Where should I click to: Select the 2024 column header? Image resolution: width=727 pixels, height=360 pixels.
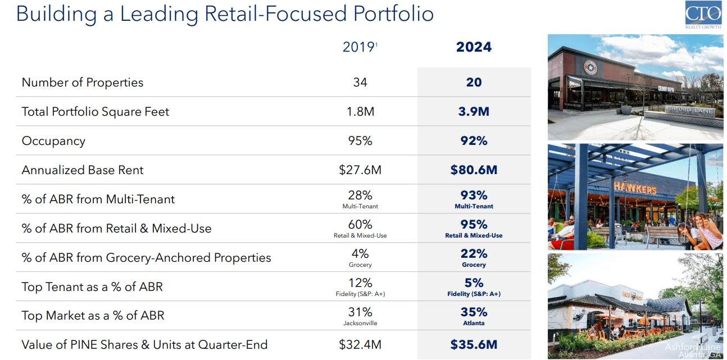coord(474,47)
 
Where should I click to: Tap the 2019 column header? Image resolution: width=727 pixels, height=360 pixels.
coord(359,47)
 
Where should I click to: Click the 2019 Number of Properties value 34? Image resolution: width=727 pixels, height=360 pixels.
coord(360,83)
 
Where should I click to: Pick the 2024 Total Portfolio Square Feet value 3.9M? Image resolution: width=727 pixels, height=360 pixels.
coord(474,112)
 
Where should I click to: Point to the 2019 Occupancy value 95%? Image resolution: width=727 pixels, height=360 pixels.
coord(360,141)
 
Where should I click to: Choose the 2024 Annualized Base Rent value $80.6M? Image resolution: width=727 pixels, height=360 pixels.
coord(474,170)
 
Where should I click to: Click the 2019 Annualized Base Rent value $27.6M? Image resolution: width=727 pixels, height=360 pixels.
coord(360,170)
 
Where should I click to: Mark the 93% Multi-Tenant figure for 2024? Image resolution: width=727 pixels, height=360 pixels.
coord(474,195)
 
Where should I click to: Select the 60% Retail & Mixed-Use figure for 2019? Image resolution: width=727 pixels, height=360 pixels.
coord(360,225)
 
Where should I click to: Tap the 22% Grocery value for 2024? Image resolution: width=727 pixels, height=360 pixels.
coord(474,254)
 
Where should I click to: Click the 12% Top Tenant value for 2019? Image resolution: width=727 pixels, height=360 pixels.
coord(360,283)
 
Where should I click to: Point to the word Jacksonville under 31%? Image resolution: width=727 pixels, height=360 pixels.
coord(360,323)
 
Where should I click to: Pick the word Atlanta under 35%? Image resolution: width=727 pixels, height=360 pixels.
coord(474,323)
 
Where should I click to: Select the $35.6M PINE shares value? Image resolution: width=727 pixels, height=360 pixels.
coord(474,345)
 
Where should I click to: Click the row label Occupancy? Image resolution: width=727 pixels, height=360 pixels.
coord(53,141)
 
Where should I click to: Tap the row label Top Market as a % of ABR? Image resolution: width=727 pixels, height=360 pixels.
coord(93,316)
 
